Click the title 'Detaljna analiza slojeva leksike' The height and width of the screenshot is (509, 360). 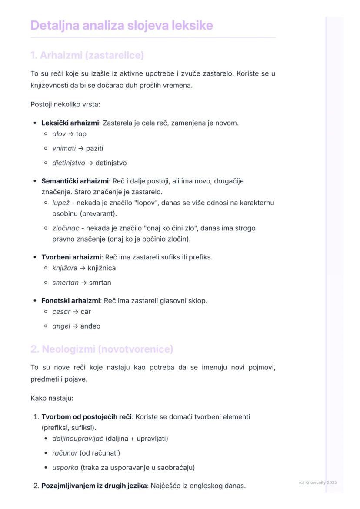[122, 25]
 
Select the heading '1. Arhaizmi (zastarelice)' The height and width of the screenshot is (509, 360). [87, 55]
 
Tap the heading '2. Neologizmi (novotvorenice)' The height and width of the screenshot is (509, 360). [102, 349]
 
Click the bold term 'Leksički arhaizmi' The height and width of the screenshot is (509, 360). [70, 123]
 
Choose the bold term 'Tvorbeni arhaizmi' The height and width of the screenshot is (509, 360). [71, 257]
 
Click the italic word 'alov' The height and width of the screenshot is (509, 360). [59, 134]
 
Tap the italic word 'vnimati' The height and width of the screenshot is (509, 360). [64, 149]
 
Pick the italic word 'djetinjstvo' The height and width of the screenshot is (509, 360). [69, 163]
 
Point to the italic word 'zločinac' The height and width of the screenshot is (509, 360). [66, 228]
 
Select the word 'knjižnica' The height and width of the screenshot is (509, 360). [102, 268]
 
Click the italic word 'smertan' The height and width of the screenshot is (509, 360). [65, 283]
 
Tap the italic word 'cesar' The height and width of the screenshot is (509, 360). [61, 312]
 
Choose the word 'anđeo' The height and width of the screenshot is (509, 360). [90, 326]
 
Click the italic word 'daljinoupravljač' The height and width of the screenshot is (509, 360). [78, 439]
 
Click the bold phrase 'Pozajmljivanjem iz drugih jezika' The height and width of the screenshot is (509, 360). [94, 486]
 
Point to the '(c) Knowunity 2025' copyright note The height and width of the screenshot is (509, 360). [318, 482]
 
